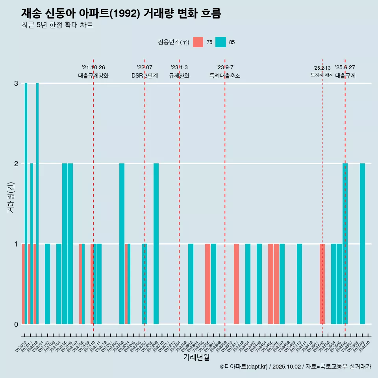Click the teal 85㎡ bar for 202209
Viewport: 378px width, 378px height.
point(156,243)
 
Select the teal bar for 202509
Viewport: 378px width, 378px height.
point(362,243)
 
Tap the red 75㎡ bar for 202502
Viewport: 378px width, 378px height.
point(322,283)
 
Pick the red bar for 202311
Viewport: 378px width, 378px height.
point(236,283)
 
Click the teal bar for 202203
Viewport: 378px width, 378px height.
point(122,243)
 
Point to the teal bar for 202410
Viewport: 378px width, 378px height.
point(299,283)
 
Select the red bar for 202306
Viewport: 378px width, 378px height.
point(208,283)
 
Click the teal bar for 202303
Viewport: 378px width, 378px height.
point(191,283)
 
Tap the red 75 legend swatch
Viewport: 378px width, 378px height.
point(198,42)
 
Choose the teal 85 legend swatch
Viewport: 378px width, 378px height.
point(221,42)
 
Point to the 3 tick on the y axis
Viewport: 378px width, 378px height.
point(16,83)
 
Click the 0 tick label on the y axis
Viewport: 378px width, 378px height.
point(16,324)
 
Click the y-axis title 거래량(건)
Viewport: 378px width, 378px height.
point(11,197)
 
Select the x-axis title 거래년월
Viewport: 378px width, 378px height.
point(196,358)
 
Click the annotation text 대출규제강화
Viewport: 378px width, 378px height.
point(93,76)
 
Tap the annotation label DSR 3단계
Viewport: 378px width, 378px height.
point(145,76)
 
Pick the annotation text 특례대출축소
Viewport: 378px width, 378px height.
point(225,76)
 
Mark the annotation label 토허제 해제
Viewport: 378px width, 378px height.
point(322,75)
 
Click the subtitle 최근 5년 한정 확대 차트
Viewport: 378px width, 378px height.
point(57,25)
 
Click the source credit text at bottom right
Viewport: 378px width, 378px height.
point(295,367)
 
